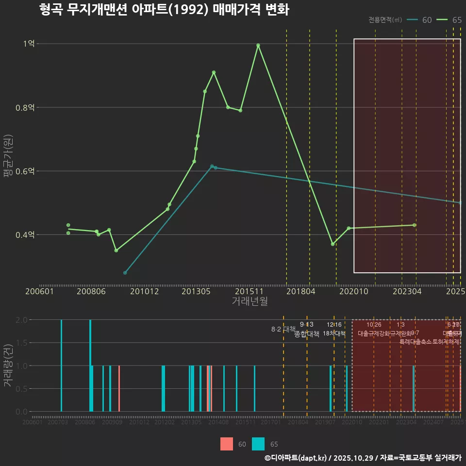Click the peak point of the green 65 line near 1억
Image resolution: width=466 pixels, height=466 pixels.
[258, 45]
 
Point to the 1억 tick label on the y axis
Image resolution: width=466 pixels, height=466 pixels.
[29, 44]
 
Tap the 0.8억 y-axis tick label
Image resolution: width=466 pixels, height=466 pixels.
[25, 107]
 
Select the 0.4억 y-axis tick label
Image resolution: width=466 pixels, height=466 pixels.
[25, 235]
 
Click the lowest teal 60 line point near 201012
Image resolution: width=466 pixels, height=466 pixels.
[125, 273]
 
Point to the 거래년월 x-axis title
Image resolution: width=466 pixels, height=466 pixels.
[250, 301]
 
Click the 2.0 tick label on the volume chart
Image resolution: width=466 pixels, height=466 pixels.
[21, 320]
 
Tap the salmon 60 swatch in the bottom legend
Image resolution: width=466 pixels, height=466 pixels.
[227, 444]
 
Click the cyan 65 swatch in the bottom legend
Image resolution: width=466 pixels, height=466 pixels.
[259, 444]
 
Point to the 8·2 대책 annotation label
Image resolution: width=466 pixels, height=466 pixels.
[283, 329]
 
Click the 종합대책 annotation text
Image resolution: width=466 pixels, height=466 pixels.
[306, 334]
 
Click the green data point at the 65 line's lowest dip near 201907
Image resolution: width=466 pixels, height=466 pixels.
[333, 244]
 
